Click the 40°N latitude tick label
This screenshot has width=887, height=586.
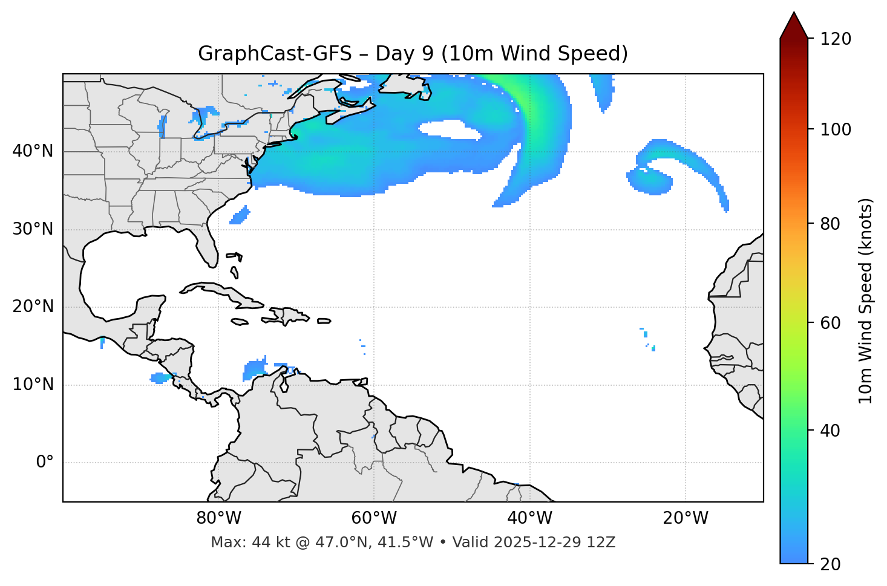(x=33, y=151)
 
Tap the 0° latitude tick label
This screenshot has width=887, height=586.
(x=45, y=463)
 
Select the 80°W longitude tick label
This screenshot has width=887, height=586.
(x=218, y=518)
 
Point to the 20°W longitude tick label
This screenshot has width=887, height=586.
(x=686, y=518)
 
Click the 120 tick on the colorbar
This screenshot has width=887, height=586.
(x=836, y=39)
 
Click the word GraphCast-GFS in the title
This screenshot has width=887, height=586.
(x=275, y=54)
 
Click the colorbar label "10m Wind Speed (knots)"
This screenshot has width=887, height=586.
(x=866, y=301)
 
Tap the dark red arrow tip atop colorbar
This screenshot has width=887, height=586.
(x=794, y=24)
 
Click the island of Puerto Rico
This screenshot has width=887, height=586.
(x=324, y=321)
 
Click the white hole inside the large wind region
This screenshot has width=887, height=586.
(x=448, y=129)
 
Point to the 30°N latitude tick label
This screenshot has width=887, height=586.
(x=33, y=229)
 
